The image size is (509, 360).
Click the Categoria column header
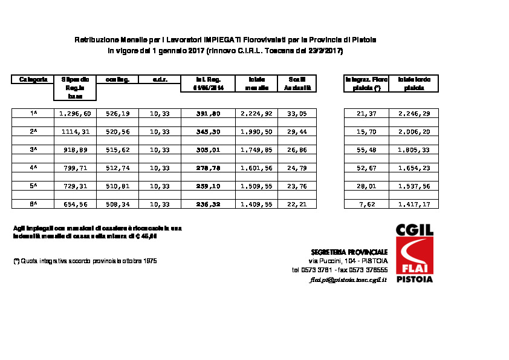[33, 79]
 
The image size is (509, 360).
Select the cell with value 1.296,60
[75, 113]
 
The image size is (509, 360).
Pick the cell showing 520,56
[117, 131]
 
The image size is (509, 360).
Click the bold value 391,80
[209, 113]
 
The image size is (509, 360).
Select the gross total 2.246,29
[414, 113]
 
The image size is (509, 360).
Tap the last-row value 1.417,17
[414, 205]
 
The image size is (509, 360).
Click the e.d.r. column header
[160, 79]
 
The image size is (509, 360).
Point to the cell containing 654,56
[75, 205]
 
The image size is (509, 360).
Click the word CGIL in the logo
[415, 231]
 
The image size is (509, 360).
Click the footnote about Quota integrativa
[85, 261]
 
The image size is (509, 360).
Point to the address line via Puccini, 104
[348, 261]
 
